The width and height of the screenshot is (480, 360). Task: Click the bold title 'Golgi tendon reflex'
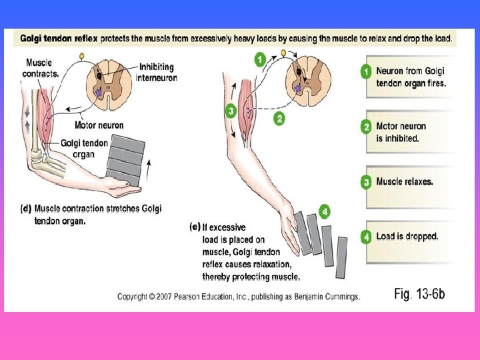click(x=59, y=39)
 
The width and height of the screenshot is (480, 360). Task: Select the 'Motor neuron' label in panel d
click(x=99, y=125)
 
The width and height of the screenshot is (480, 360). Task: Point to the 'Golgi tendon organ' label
click(x=84, y=148)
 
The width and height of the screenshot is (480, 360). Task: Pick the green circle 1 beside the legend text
click(x=366, y=71)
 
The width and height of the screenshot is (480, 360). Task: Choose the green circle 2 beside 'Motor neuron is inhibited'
click(x=366, y=127)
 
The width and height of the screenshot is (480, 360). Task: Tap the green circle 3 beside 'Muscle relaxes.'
click(x=366, y=181)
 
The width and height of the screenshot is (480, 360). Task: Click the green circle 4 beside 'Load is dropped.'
click(x=366, y=236)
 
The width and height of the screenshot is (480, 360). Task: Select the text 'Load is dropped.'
click(x=407, y=236)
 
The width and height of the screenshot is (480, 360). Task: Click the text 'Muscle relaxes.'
click(x=404, y=181)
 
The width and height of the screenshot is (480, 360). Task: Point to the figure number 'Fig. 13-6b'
click(x=419, y=294)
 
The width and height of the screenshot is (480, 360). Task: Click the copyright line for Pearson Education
click(x=238, y=297)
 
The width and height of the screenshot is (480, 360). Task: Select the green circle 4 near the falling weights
click(x=324, y=212)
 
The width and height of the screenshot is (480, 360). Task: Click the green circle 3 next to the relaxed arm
click(x=231, y=111)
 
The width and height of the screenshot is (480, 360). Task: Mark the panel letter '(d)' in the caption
click(x=26, y=209)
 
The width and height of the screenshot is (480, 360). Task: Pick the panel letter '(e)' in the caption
click(x=195, y=227)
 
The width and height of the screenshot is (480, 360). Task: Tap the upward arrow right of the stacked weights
click(x=149, y=170)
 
